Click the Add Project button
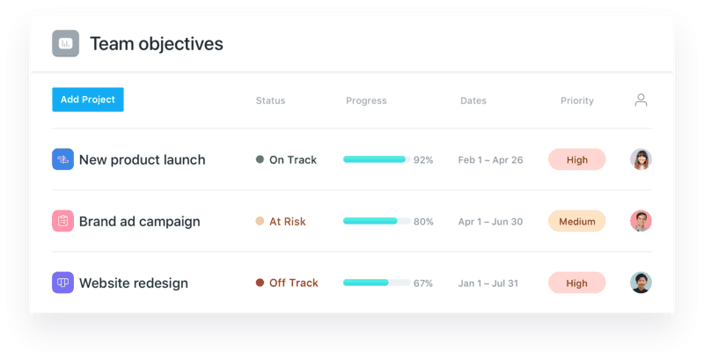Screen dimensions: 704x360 coord(88,99)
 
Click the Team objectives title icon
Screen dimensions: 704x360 coord(65,43)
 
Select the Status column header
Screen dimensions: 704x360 coord(271,100)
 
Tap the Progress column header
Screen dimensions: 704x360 coord(366,101)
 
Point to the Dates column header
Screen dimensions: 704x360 coord(473,100)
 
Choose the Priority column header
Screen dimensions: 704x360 coord(577,101)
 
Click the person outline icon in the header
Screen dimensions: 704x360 coord(642,100)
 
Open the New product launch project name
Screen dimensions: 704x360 coord(143,160)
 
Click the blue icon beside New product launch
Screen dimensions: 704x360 coord(62,159)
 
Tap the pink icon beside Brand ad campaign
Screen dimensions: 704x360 coord(62,221)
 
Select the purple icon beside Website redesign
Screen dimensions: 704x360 coord(62,283)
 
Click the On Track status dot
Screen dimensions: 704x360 coord(260,159)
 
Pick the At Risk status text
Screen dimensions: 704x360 coord(288,221)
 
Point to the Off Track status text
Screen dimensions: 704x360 coord(294,283)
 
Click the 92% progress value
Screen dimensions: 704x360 coord(423,160)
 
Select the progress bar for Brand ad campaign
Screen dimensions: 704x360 coord(377,221)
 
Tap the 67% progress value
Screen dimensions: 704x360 coord(423,283)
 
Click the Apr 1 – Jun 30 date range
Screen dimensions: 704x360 coord(490,222)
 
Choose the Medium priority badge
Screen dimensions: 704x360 coord(577,221)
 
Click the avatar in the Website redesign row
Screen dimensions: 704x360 coord(642,283)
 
